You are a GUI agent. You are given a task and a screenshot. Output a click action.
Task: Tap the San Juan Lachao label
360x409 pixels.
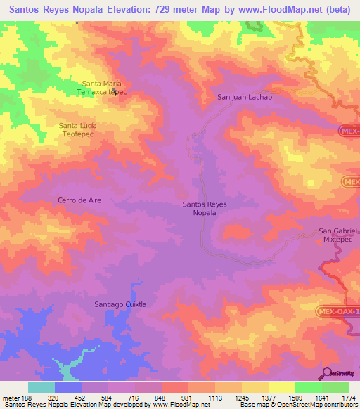[244, 98]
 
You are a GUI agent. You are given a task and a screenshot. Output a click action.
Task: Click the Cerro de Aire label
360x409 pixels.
[79, 200]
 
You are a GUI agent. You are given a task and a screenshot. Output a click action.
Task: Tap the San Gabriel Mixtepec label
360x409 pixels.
[339, 235]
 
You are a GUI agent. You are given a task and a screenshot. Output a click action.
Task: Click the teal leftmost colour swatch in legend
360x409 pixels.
[41, 387]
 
